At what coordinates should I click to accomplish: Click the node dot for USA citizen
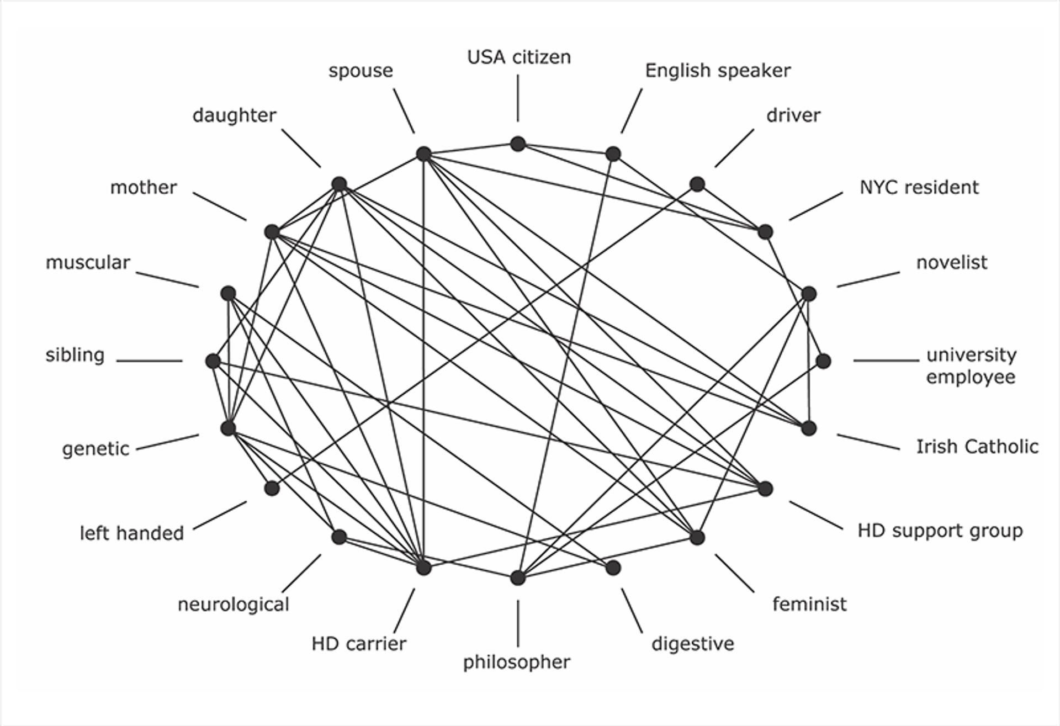[x=517, y=144]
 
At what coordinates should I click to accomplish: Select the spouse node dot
[x=423, y=154]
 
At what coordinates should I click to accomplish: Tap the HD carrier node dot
[x=423, y=568]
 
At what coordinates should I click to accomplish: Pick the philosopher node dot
[x=517, y=577]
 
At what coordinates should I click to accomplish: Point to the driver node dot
[x=697, y=184]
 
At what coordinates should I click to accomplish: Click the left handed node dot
[x=272, y=488]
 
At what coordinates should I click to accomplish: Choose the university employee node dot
[x=823, y=361]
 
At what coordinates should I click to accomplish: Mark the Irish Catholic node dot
[x=809, y=428]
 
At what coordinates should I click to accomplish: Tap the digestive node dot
[x=613, y=568]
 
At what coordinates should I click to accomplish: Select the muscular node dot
[x=228, y=293]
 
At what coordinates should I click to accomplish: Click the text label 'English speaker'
[x=718, y=71]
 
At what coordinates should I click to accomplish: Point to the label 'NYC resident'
[x=919, y=188]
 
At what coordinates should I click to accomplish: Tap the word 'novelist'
[x=952, y=263]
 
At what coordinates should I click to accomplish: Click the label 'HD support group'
[x=940, y=531]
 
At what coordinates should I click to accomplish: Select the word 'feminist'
[x=809, y=604]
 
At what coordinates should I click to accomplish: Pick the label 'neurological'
[x=234, y=605]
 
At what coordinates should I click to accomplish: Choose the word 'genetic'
[x=96, y=449]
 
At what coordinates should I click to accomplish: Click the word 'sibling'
[x=75, y=355]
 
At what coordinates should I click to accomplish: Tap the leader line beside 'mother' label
[x=220, y=206]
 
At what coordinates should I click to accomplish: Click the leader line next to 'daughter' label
[x=301, y=149]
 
